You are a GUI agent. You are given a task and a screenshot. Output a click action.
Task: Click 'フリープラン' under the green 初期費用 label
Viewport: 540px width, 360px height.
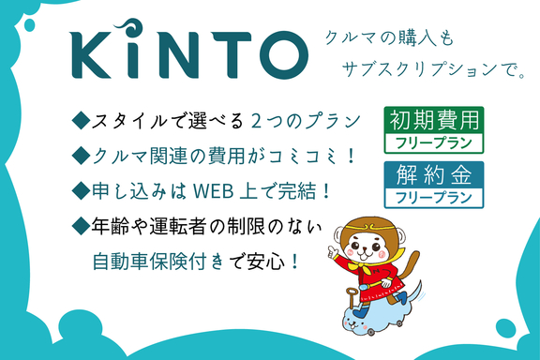pyautogui.click(x=433, y=143)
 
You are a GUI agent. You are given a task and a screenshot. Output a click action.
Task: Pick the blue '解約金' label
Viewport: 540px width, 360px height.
pyautogui.click(x=433, y=173)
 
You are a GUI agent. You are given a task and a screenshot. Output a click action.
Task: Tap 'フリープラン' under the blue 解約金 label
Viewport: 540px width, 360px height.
pyautogui.click(x=433, y=198)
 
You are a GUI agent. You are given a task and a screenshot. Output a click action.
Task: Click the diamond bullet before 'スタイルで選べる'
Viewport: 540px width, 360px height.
pyautogui.click(x=79, y=121)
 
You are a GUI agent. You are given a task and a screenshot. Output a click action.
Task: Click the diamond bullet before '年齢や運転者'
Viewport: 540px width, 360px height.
pyautogui.click(x=79, y=226)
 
